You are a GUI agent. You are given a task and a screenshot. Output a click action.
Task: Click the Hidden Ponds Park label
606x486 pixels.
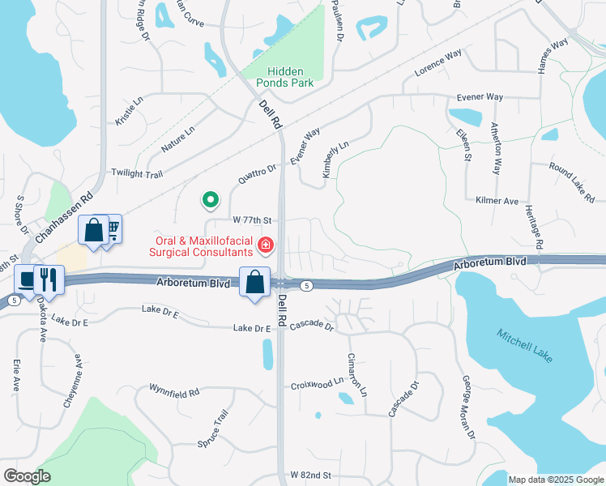(x=290, y=77)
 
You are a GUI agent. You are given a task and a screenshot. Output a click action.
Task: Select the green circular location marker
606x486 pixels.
(x=210, y=198)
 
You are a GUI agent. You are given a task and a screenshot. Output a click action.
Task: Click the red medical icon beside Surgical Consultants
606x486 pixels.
(x=265, y=244)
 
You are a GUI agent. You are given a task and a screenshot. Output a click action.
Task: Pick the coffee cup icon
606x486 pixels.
(x=27, y=280)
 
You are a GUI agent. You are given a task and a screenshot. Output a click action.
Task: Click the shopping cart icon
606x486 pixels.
(x=113, y=229)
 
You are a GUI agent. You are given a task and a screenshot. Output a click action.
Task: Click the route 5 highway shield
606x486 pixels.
(x=306, y=286)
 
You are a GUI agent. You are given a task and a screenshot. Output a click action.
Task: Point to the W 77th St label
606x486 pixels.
(x=255, y=220)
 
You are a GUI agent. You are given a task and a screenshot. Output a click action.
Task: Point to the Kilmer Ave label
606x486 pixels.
(x=497, y=200)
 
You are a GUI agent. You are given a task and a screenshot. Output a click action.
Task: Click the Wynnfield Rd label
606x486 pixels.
(x=173, y=392)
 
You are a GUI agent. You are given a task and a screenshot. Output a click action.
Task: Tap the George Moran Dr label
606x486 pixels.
(x=468, y=406)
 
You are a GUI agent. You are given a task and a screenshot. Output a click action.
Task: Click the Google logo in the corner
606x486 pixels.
(x=27, y=476)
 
